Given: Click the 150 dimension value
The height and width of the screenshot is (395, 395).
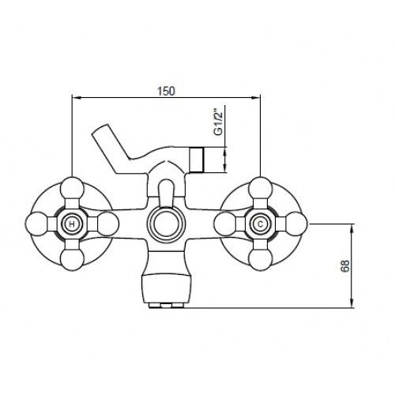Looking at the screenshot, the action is [x=166, y=91].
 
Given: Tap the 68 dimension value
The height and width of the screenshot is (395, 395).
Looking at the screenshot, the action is [x=344, y=265].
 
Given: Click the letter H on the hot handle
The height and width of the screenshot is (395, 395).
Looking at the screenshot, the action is [x=72, y=224].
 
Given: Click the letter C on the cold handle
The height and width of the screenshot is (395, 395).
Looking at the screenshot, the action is [x=261, y=224].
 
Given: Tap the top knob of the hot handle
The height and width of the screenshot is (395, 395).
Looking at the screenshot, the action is [x=72, y=188].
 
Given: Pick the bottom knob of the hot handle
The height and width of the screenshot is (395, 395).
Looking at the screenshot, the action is [x=72, y=260].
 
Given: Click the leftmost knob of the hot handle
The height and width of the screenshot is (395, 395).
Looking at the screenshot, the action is [x=36, y=224].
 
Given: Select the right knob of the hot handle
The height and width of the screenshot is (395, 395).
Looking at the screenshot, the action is [x=107, y=224].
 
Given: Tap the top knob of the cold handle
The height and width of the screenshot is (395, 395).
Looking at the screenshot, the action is [x=261, y=188].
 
